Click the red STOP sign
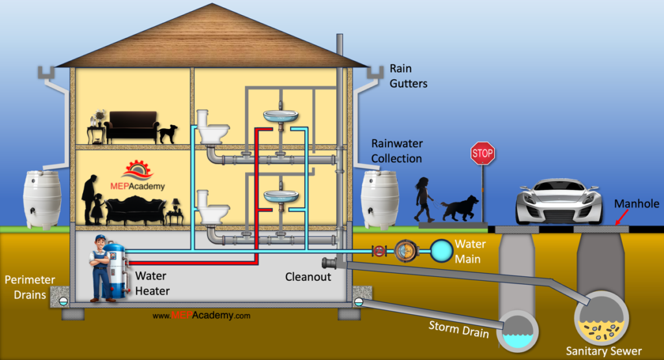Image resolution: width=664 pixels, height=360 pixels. coord(482,154)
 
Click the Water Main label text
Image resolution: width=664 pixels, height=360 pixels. coord(469,250)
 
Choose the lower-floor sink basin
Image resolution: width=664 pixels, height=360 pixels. coord(280,196)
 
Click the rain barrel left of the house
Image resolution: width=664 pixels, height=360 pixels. coord(42,199)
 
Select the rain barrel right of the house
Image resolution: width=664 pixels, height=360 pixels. coord(380,199)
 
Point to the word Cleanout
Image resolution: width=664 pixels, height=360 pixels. coord(308,277)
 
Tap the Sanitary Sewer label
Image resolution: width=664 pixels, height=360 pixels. coord(603,351)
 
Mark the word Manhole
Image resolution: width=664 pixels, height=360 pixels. coord(637,204)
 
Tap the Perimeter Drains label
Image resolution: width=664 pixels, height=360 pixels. coord(30,287)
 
